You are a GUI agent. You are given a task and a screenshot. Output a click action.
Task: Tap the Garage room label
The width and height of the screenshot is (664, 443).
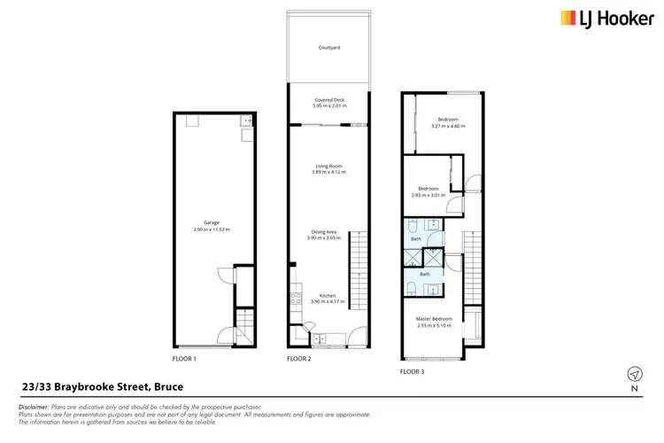coord(211,222)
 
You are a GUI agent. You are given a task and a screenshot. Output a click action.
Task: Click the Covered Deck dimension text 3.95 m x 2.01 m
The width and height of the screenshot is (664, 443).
coord(328,106)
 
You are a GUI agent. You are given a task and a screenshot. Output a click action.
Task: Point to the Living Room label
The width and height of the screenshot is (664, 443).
coord(328,166)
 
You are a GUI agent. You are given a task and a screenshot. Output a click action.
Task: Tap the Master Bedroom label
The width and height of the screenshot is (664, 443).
coord(435,318)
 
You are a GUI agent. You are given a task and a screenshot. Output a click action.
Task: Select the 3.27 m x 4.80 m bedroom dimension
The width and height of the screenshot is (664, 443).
coord(447,126)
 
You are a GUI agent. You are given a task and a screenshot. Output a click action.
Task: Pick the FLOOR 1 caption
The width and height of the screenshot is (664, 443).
coord(184,360)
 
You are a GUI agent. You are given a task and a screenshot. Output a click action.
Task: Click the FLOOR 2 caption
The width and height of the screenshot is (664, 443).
coord(299,360)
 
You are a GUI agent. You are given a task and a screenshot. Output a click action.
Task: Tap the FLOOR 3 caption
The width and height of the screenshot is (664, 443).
coord(411,372)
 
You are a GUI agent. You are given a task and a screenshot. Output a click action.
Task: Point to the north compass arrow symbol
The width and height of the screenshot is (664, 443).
coord(633,373)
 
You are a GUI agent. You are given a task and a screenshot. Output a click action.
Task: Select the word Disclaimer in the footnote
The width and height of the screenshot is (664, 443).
coord(33,407)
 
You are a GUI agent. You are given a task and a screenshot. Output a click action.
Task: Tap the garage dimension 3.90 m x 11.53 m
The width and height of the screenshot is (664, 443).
coord(211,229)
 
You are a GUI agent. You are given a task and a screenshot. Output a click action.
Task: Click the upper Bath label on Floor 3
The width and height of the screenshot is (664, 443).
coord(415,239)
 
